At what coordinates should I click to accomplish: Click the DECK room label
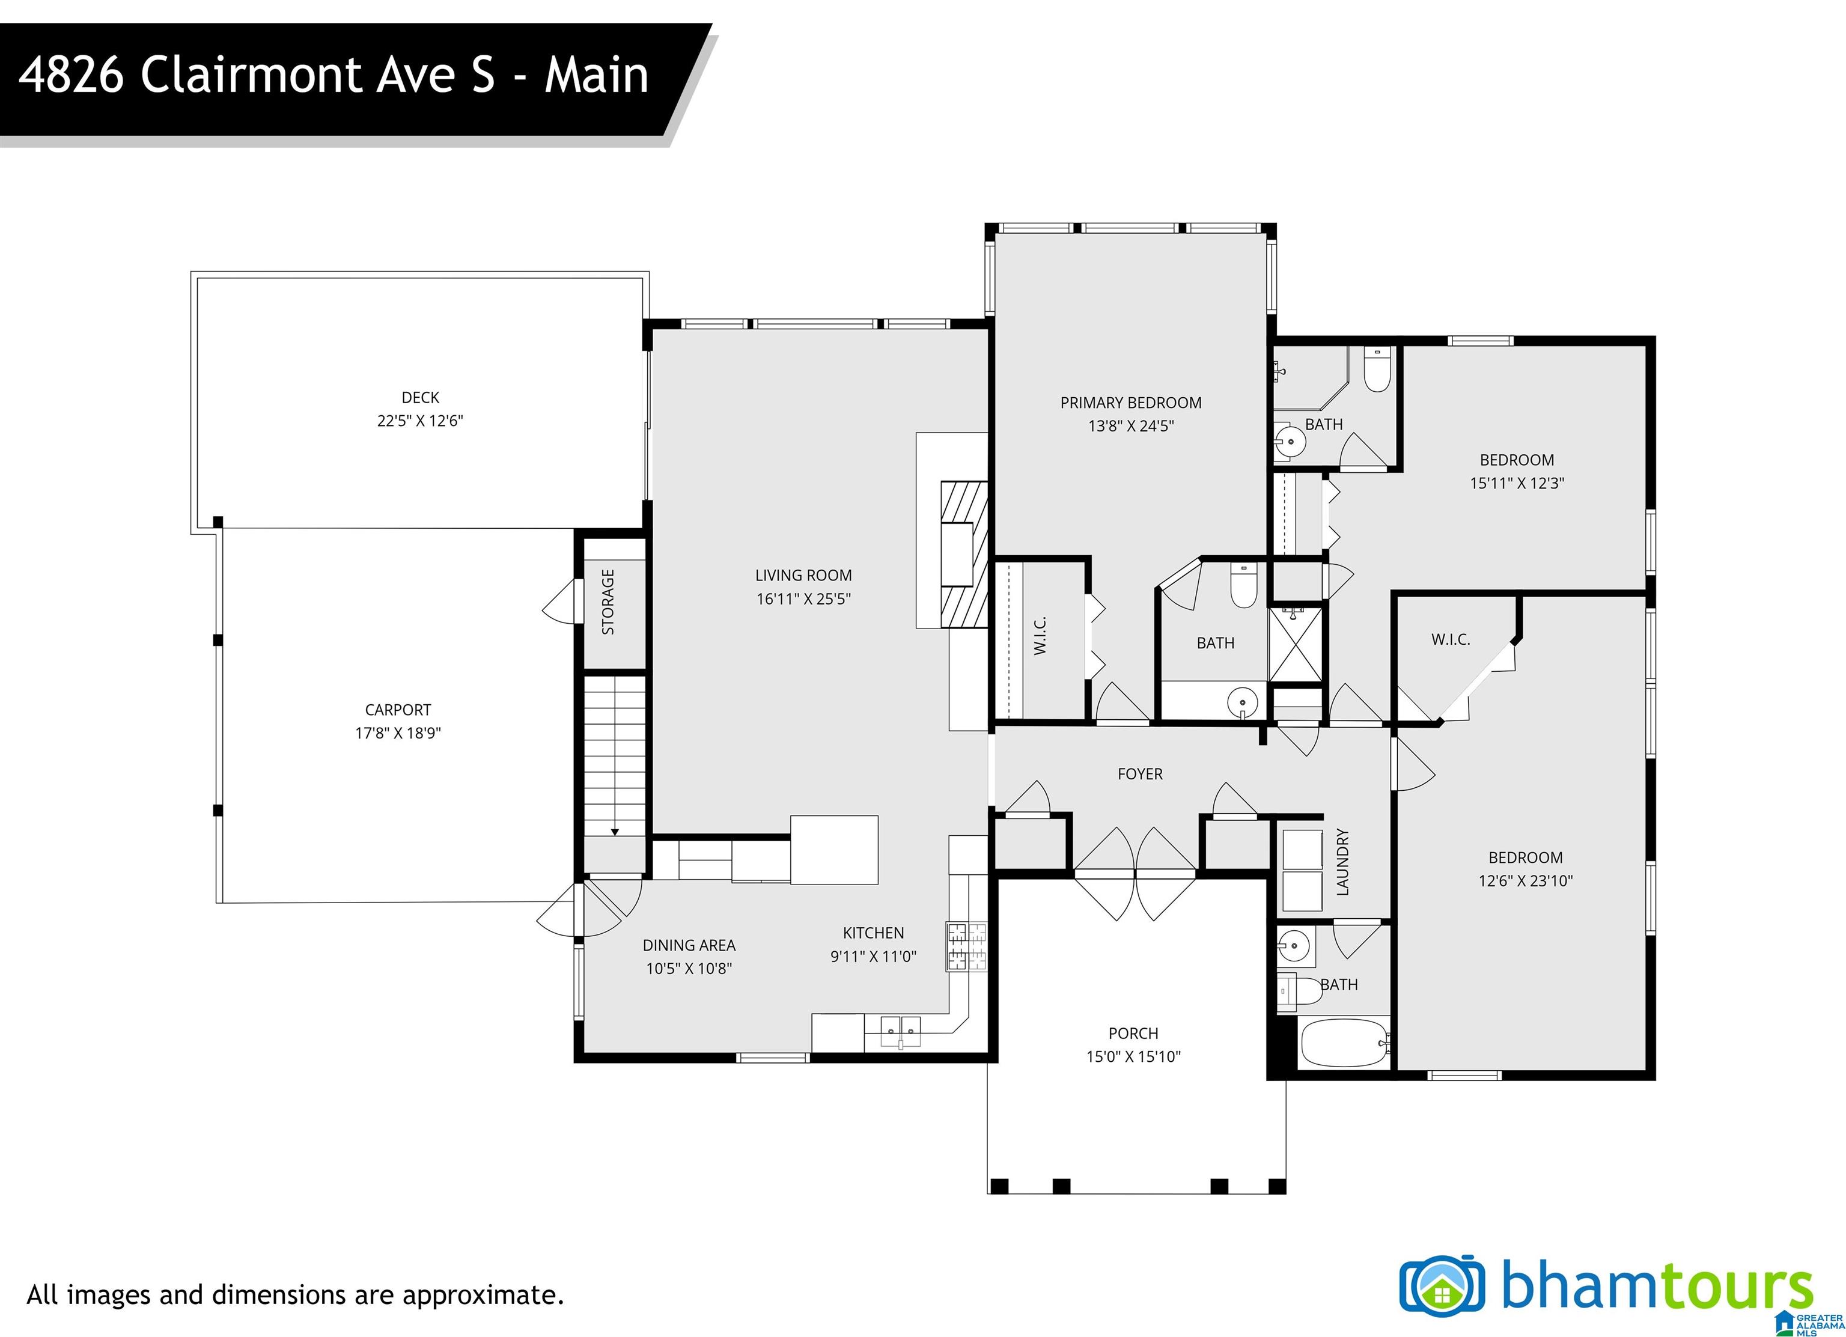coord(420,397)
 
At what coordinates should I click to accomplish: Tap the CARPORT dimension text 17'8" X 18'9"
coord(398,732)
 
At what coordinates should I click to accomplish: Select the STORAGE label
coord(608,601)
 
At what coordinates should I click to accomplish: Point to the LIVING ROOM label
coord(803,575)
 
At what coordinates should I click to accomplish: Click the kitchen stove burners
coord(965,946)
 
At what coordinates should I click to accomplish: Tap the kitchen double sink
coord(900,1030)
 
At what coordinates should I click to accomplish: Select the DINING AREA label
coord(689,945)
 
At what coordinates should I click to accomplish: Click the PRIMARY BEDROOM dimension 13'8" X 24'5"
coord(1132,425)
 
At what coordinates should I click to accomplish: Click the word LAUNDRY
coord(1342,862)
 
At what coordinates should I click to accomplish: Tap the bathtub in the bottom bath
coord(1344,1043)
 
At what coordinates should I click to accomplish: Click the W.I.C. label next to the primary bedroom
coord(1040,636)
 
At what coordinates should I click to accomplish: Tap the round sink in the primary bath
coord(1243,701)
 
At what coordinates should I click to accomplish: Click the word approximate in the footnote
coord(480,1296)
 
